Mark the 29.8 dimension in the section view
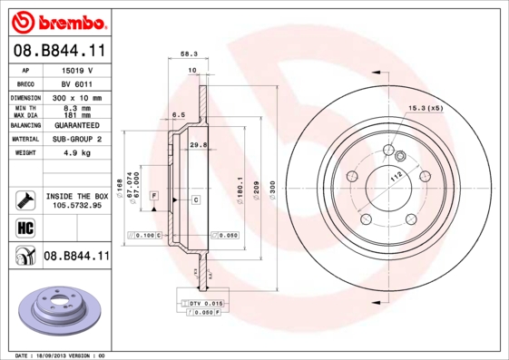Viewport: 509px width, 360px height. click(x=197, y=144)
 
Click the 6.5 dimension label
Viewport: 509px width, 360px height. click(x=179, y=115)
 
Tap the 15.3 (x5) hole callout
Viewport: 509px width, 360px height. click(x=426, y=108)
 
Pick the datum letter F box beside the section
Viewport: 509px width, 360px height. click(x=155, y=197)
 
